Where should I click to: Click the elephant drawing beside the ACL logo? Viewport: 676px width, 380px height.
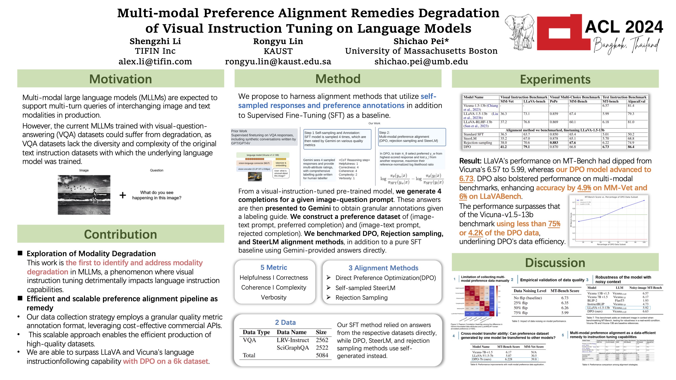click(520, 31)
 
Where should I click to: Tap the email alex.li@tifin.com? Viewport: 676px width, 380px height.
click(155, 62)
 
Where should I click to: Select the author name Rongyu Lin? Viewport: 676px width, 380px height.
click(278, 41)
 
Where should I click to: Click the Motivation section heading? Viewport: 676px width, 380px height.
click(120, 79)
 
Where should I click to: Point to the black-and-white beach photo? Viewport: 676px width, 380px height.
click(84, 195)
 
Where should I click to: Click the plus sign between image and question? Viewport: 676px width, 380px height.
click(122, 195)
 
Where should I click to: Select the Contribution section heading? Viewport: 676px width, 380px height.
click(120, 234)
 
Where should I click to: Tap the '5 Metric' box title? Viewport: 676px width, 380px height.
click(273, 267)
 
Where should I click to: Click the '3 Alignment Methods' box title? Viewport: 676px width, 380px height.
click(383, 268)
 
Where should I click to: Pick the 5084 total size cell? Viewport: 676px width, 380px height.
click(322, 355)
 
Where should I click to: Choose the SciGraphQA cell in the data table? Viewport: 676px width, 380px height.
click(293, 348)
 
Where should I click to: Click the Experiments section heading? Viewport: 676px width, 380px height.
click(555, 79)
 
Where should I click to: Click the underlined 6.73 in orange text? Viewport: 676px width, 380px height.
click(466, 179)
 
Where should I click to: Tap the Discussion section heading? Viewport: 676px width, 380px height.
click(555, 262)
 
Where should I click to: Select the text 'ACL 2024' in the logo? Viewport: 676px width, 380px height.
click(624, 27)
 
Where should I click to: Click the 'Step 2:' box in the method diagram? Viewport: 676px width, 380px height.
click(412, 137)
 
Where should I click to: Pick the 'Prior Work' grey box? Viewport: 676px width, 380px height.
click(264, 137)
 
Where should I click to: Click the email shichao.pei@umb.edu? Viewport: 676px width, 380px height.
click(421, 62)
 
